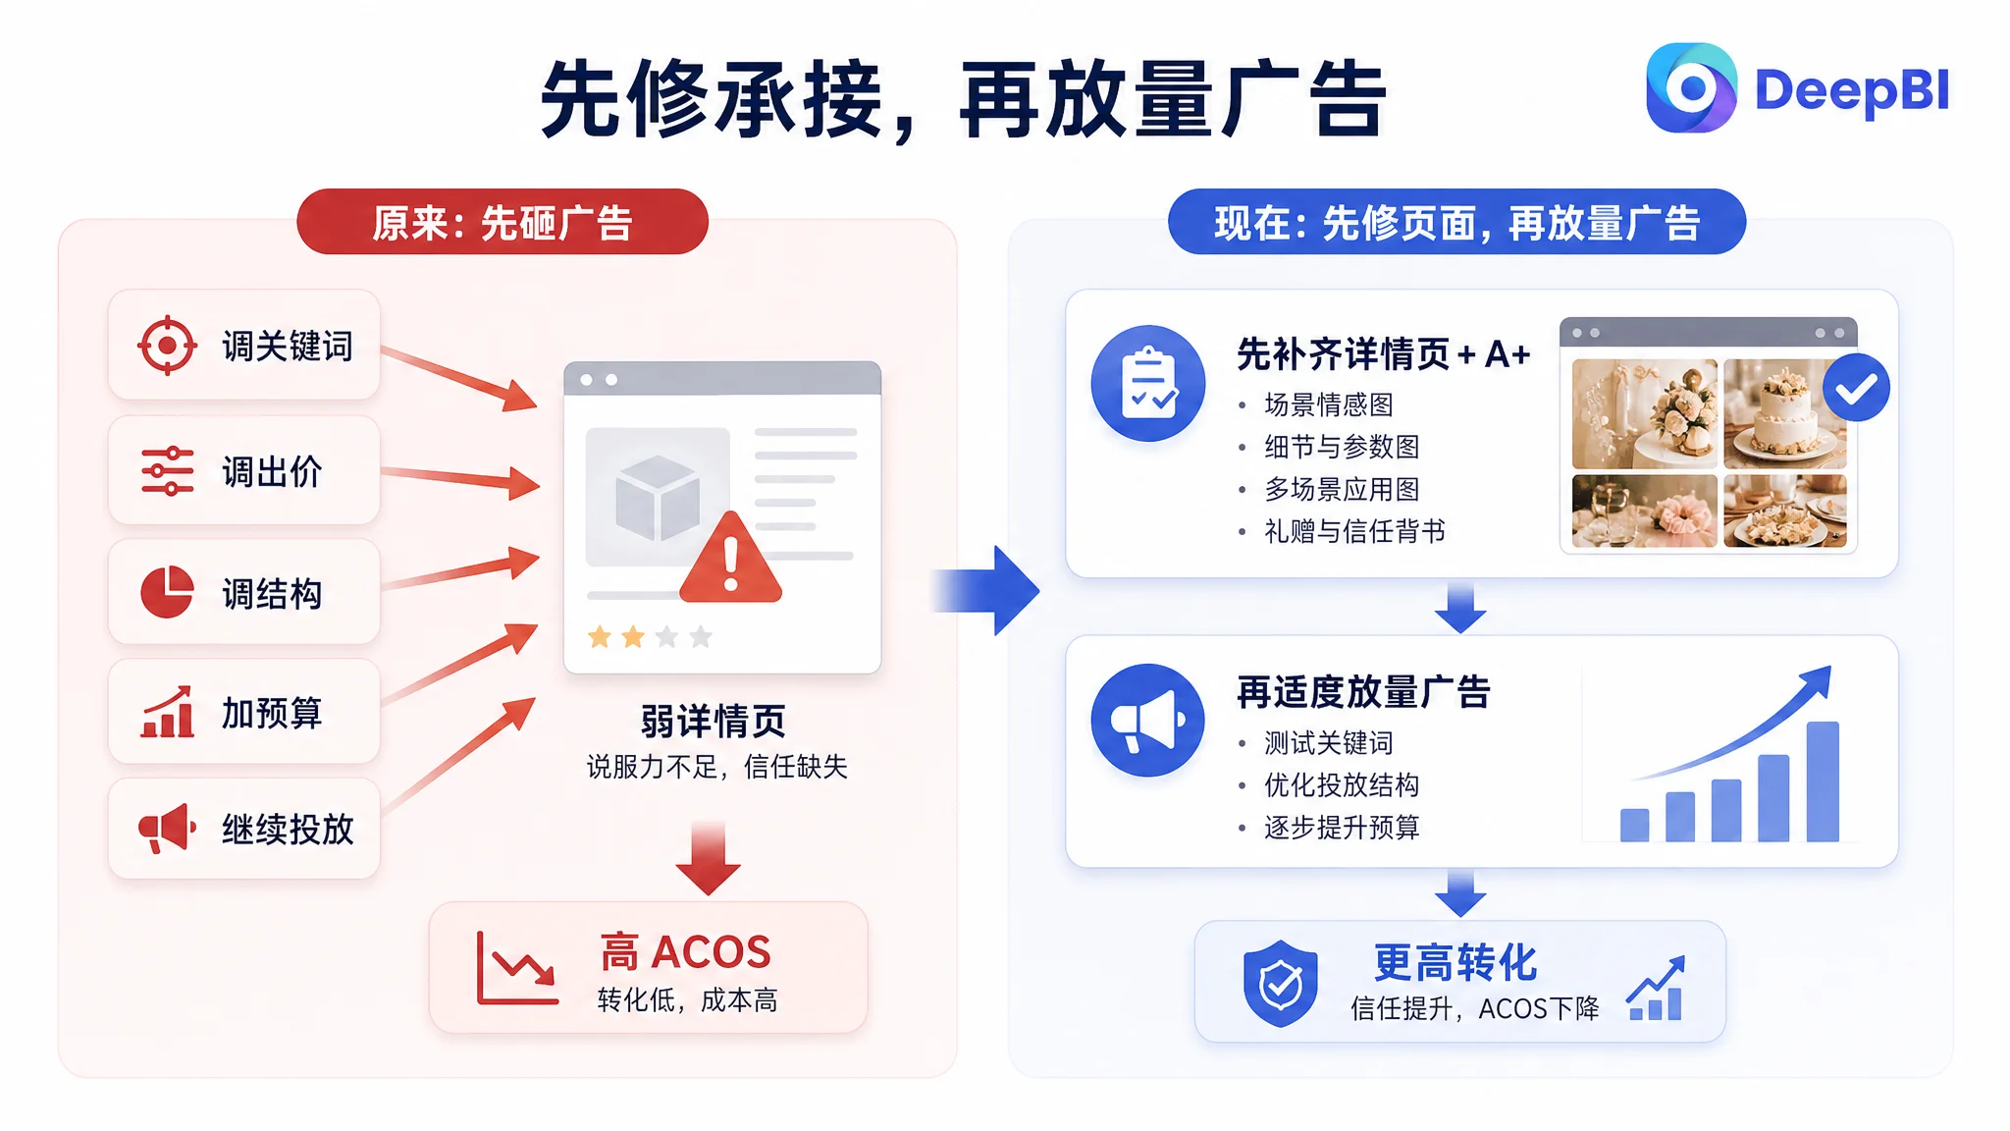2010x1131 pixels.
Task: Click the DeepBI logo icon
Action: (x=1691, y=87)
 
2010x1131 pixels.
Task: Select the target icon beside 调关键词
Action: (x=167, y=346)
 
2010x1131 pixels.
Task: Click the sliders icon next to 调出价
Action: (x=167, y=471)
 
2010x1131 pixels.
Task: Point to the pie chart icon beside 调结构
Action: (x=167, y=592)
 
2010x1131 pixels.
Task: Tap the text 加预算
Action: (x=272, y=713)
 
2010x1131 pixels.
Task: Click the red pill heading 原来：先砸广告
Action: (x=502, y=222)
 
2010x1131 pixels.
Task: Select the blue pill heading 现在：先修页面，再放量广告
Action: (x=1456, y=222)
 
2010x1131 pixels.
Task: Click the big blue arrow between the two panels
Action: (x=986, y=590)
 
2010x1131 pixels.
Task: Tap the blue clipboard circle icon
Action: (x=1148, y=383)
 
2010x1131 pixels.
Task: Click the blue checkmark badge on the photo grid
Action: (x=1856, y=388)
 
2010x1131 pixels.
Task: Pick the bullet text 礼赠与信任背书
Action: (x=1354, y=531)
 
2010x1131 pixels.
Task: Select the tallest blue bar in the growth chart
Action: (x=1823, y=781)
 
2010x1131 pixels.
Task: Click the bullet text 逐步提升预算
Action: (x=1342, y=828)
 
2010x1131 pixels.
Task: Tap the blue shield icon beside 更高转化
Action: (x=1281, y=983)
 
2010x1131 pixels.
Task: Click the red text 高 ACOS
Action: (x=686, y=952)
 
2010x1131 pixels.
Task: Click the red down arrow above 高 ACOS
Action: (x=709, y=859)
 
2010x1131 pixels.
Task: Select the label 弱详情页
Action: (x=714, y=722)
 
